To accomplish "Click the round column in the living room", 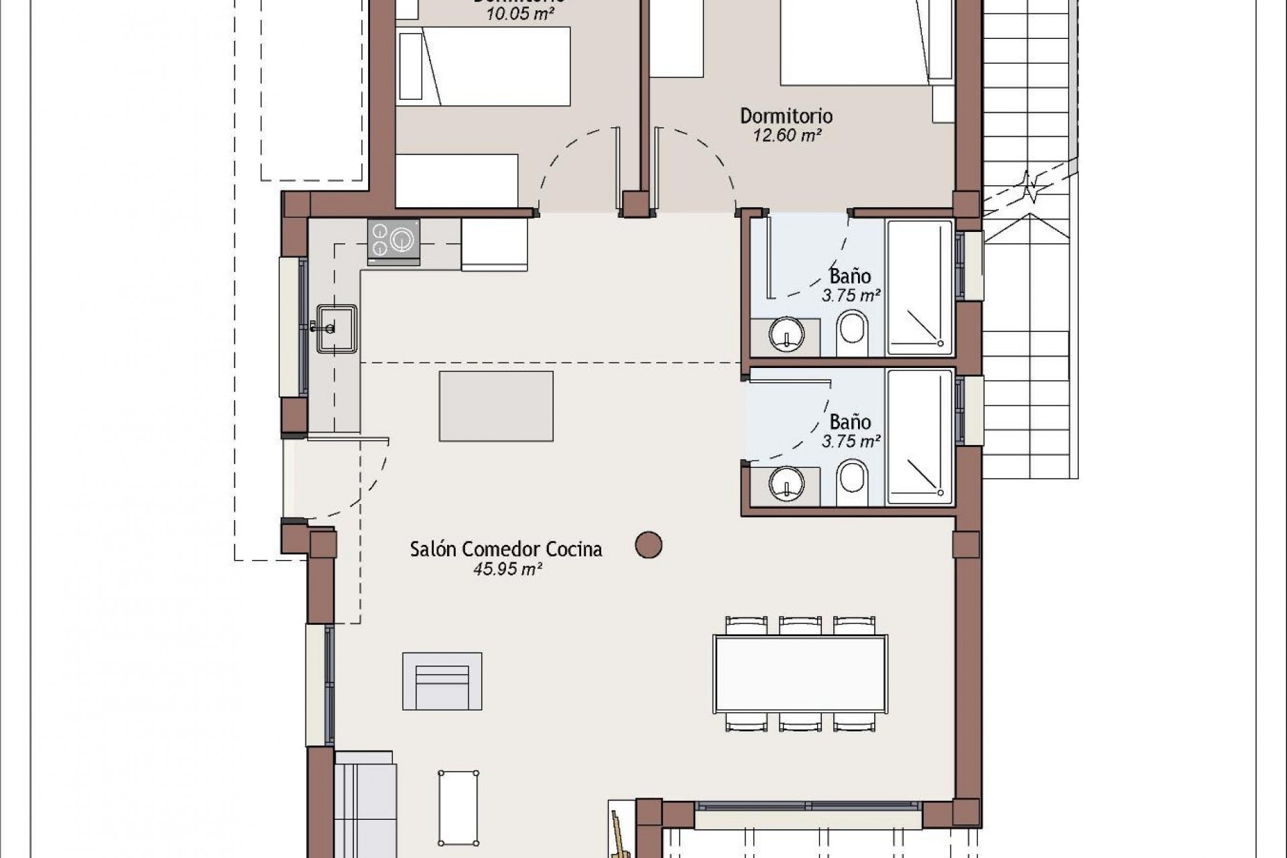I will (648, 546).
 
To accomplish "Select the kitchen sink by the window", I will (337, 328).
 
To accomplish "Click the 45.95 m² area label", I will (507, 569).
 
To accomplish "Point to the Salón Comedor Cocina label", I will (506, 549).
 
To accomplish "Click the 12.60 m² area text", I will (786, 135).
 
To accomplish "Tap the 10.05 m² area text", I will (520, 14).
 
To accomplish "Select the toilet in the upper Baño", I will (852, 335).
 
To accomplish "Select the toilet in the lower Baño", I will (852, 481).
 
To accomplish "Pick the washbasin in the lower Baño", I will (786, 483).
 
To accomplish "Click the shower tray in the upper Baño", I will (920, 287).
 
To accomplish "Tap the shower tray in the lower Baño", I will (920, 436).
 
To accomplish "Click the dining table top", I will (800, 674).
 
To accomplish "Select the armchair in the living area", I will (442, 682).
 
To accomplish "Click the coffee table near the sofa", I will (458, 807).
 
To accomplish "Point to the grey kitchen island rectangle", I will (496, 406).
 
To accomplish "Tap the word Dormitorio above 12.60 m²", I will (786, 116).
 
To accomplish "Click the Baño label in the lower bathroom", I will (850, 422).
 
